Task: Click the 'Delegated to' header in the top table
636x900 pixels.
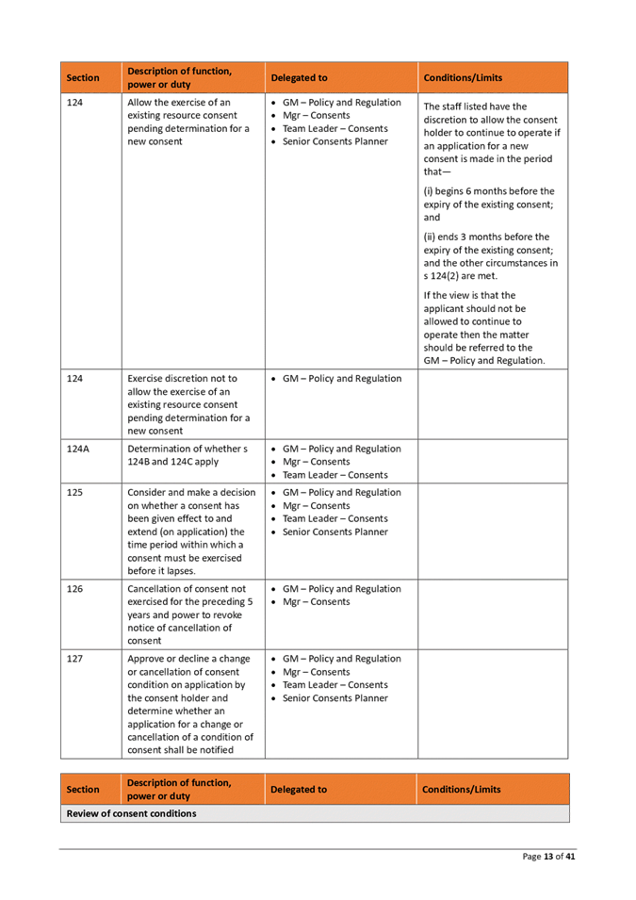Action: [x=299, y=78]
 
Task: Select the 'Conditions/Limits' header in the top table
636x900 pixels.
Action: [x=463, y=78]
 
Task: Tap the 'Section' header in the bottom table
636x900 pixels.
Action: [x=83, y=790]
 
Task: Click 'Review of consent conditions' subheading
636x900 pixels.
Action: [x=131, y=813]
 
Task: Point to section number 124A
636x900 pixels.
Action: [x=78, y=450]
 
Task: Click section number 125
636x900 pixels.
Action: [x=75, y=493]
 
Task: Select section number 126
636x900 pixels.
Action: [x=75, y=589]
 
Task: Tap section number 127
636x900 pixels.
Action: [x=75, y=659]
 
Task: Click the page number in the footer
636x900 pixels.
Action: [x=549, y=856]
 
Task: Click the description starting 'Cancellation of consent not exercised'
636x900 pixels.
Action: [x=188, y=614]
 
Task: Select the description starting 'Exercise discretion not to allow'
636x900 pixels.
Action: [x=188, y=404]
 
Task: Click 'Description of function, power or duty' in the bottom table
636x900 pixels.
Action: [x=179, y=790]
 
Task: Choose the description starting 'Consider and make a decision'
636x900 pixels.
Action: [x=188, y=532]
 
